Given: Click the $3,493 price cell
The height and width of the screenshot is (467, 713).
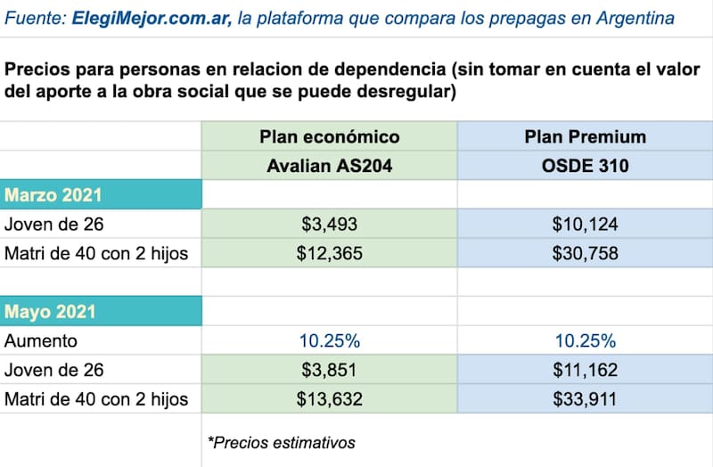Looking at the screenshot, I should point(329,225).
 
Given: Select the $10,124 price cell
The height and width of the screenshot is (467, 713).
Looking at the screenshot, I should point(585,225).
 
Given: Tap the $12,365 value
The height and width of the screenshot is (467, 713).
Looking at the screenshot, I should point(329,253).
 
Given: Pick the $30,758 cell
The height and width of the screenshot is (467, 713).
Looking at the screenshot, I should point(585,253).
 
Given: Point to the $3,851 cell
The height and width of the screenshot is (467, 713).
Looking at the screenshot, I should point(329,370).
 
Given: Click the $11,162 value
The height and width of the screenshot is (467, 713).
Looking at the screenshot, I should point(585,370).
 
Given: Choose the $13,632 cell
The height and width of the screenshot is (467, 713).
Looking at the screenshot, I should point(329,398).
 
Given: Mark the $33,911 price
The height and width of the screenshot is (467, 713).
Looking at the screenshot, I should point(585,398).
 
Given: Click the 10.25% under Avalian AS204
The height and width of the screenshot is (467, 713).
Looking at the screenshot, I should point(329,340).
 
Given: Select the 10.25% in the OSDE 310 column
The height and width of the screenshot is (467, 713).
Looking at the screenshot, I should point(585,340).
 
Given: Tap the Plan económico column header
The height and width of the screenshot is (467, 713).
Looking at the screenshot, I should point(329,136).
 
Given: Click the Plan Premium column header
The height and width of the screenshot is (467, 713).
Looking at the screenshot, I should point(585,136).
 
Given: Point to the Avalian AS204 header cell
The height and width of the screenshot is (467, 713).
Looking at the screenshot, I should point(329,165).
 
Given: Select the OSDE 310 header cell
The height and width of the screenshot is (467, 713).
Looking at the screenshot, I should point(585,165).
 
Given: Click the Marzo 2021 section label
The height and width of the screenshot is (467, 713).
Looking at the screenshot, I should point(53,195).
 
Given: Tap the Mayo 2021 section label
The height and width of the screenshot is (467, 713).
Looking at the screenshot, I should point(50,312).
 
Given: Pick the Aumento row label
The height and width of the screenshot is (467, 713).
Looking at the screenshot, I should point(41,340).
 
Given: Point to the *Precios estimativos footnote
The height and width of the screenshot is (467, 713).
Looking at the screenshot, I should point(281,442).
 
